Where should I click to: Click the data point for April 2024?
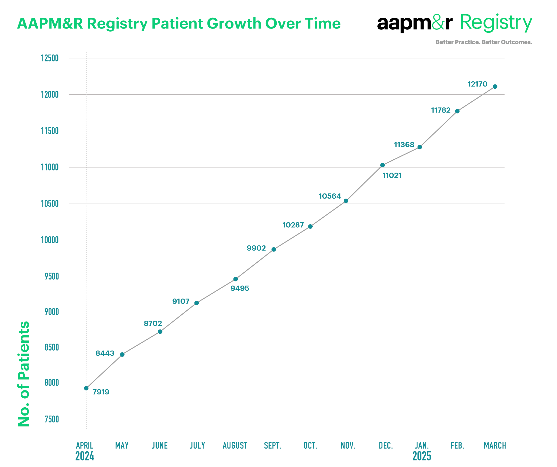click(86, 388)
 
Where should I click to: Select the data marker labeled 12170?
click(495, 87)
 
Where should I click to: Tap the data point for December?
click(382, 165)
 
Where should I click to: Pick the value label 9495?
click(240, 288)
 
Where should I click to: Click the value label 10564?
click(330, 196)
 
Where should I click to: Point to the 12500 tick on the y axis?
click(50, 58)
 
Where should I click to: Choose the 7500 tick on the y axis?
click(52, 419)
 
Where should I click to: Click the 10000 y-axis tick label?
click(50, 240)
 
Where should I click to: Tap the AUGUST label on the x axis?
click(235, 445)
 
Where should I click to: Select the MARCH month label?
click(495, 445)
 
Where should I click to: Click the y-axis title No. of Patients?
click(24, 374)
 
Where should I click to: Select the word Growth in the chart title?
click(234, 23)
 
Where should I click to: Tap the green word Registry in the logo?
click(496, 23)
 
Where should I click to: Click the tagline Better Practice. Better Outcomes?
click(484, 42)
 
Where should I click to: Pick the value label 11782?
click(440, 110)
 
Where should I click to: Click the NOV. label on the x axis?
click(348, 445)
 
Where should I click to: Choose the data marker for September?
click(274, 250)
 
